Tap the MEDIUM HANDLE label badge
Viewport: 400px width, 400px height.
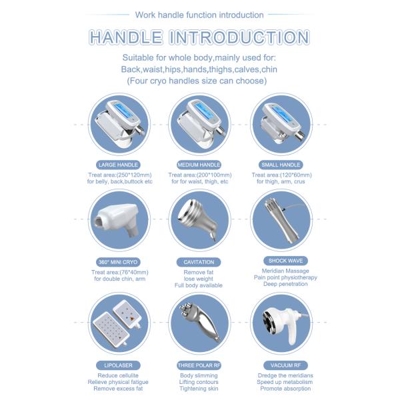pos(198,164)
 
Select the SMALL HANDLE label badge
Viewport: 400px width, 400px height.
pos(281,164)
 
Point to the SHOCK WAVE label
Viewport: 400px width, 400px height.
pos(281,261)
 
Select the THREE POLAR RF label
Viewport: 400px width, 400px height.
pos(198,365)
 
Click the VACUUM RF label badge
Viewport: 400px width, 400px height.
pos(281,365)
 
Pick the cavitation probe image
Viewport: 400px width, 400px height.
pos(198,219)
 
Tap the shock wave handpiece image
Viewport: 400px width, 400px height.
pos(281,218)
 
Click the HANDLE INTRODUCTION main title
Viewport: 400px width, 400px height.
pos(199,38)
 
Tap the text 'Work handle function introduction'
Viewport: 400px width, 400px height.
pos(199,14)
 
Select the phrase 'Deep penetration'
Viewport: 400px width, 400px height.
pos(281,284)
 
